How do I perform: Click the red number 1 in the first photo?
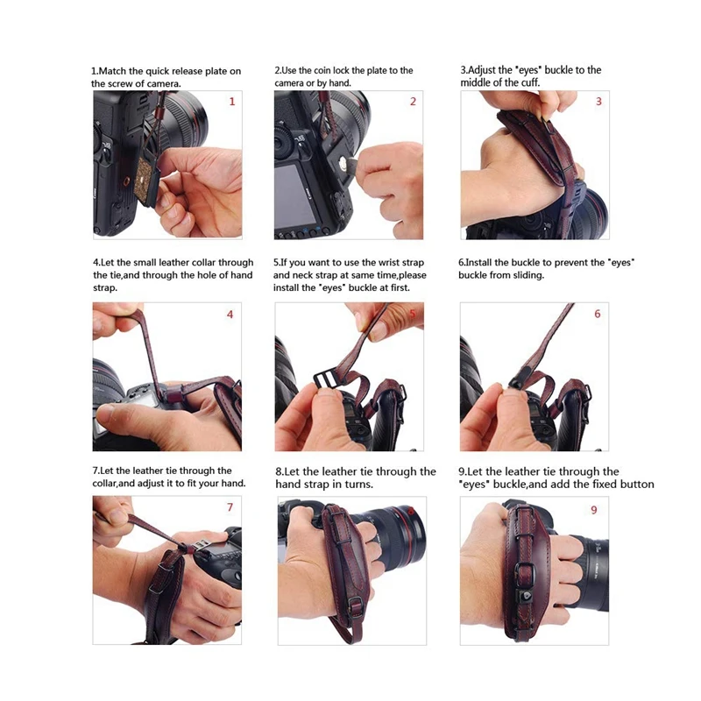[232, 102]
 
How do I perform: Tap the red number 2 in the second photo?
[413, 102]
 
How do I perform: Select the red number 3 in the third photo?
[598, 102]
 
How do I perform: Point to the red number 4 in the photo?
[230, 315]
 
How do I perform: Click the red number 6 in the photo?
[598, 314]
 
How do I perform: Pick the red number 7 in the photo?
[230, 507]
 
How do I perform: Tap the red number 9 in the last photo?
[594, 510]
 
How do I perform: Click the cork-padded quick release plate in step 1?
[146, 181]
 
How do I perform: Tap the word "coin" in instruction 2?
[322, 71]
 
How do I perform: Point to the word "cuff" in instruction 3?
[529, 82]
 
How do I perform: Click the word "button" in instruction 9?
[638, 485]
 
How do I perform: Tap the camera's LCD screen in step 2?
[295, 195]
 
